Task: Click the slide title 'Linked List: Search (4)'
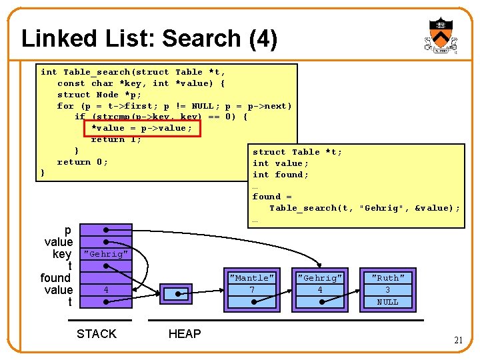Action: pyautogui.click(x=149, y=39)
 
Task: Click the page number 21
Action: pyautogui.click(x=458, y=340)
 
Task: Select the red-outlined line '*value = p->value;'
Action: pyautogui.click(x=141, y=128)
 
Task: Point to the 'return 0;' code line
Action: pyautogui.click(x=83, y=162)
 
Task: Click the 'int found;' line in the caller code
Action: pyautogui.click(x=281, y=175)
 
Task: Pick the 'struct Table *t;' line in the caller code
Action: pyautogui.click(x=297, y=152)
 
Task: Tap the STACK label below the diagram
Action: pyautogui.click(x=97, y=334)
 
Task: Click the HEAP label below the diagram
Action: pyautogui.click(x=185, y=334)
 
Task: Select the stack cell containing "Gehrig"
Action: pyautogui.click(x=105, y=254)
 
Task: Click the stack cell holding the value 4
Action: pyautogui.click(x=105, y=290)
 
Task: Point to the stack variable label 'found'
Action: pyautogui.click(x=55, y=278)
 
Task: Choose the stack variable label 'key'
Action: pyautogui.click(x=62, y=254)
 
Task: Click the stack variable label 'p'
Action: pyautogui.click(x=68, y=230)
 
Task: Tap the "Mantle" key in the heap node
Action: pyautogui.click(x=251, y=278)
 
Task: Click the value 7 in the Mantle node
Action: pyautogui.click(x=251, y=290)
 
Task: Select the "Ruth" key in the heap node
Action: pyautogui.click(x=387, y=278)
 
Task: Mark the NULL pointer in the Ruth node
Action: pyautogui.click(x=387, y=302)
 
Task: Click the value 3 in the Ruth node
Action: pyautogui.click(x=387, y=290)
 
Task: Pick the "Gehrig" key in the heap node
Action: pyautogui.click(x=320, y=278)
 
